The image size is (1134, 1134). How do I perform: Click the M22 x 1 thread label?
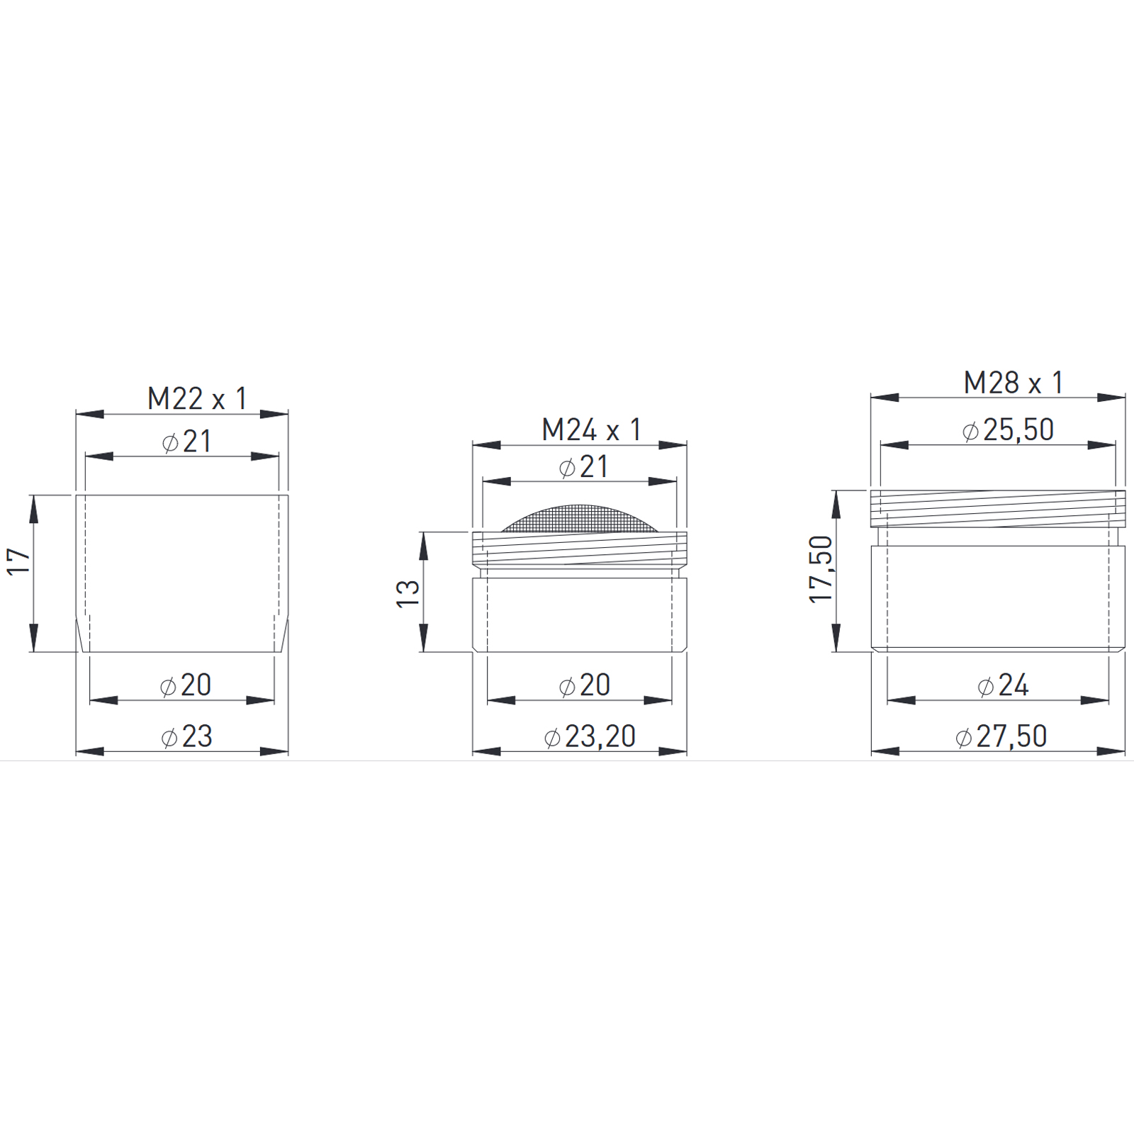click(x=197, y=399)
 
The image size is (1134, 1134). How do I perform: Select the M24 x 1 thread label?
click(x=592, y=430)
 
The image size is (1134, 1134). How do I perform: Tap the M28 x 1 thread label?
click(x=1014, y=383)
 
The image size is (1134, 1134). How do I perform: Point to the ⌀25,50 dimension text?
click(x=1008, y=430)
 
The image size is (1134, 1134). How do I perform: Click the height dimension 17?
click(x=19, y=561)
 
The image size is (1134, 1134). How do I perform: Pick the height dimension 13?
click(x=408, y=593)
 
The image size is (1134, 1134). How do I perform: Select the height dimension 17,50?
click(x=821, y=570)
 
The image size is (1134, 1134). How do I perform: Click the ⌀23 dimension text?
click(x=186, y=737)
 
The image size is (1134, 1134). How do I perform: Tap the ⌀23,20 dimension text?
click(x=590, y=737)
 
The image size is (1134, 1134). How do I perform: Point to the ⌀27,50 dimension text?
click(x=1001, y=737)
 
